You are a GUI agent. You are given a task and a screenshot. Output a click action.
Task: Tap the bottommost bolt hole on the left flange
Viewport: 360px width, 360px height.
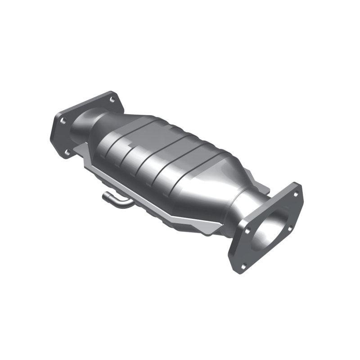(67, 152)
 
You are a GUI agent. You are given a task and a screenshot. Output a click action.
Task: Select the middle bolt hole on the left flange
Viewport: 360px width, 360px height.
(63, 120)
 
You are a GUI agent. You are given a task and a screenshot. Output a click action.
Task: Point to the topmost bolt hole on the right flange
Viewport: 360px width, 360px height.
(296, 194)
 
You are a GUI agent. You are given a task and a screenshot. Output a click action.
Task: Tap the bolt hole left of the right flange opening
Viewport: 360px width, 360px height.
(247, 231)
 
